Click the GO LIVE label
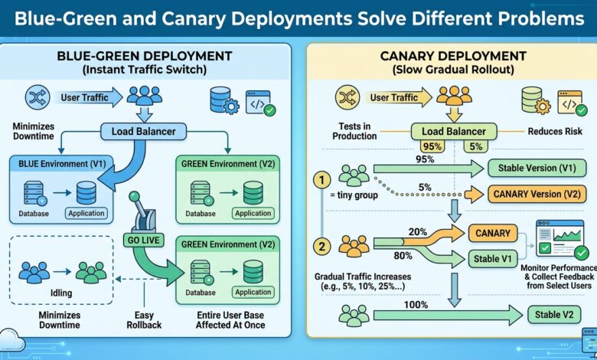coord(143,240)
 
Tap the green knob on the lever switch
coord(134,197)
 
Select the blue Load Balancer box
coord(144,132)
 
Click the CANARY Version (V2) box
coord(537,194)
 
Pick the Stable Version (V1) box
coord(537,168)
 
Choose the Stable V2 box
coord(554,315)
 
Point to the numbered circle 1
coord(322,181)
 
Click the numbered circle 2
coord(322,247)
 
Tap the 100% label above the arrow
coord(416,305)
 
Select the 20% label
coord(418,232)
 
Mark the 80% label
coord(403,256)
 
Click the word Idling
coord(61,293)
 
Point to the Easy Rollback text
coord(144,320)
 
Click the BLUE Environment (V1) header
coord(62,164)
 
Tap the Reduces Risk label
coord(555,132)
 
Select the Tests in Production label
coord(354,131)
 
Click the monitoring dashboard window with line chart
coord(560,238)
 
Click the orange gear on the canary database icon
coord(543,106)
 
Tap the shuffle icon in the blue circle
coord(38,97)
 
